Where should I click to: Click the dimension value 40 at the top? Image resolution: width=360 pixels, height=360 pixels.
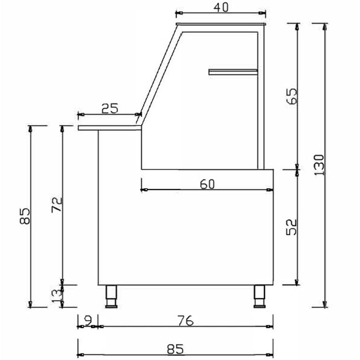221,7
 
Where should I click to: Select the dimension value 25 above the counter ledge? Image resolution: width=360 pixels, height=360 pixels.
110,108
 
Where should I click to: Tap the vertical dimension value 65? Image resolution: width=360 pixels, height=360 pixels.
292,96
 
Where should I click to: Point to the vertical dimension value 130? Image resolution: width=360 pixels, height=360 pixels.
319,165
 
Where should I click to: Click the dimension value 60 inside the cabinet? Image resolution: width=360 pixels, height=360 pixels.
207,184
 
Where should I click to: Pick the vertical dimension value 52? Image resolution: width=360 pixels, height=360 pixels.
292,227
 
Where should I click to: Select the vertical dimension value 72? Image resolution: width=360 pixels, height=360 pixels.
57,204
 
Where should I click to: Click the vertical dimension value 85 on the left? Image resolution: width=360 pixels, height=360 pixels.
25,216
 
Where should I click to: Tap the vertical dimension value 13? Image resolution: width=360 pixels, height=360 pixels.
57,296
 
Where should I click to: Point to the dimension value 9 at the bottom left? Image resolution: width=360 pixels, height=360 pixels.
88,320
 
